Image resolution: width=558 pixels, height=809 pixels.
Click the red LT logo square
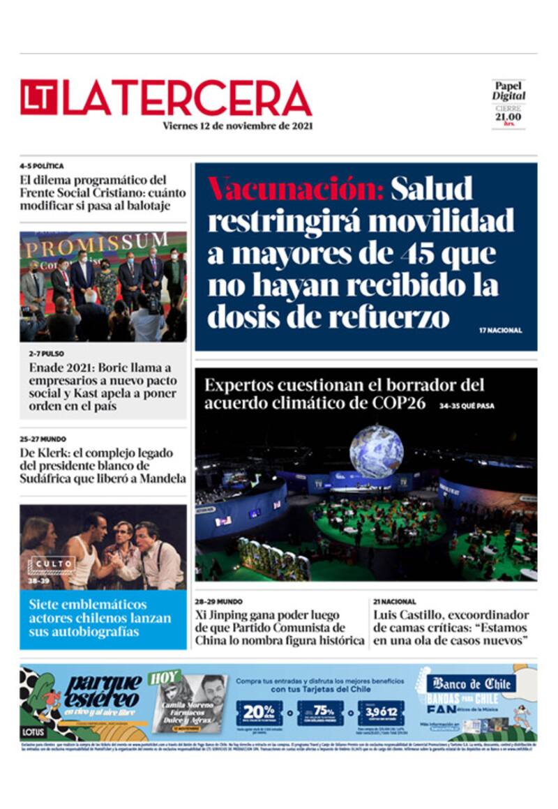(x=39, y=98)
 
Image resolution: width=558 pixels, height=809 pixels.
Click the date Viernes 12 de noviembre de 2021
(x=237, y=126)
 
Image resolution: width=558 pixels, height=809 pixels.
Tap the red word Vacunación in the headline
(x=296, y=188)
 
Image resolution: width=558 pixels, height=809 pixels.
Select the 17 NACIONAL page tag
(x=500, y=330)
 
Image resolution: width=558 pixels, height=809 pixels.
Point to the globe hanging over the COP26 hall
(x=376, y=451)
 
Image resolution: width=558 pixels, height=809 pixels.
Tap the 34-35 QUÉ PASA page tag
(x=467, y=405)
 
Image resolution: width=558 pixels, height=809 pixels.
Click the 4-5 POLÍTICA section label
(x=42, y=166)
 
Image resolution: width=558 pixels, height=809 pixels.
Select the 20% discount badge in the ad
(x=259, y=711)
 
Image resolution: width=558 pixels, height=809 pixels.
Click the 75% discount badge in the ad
(x=320, y=711)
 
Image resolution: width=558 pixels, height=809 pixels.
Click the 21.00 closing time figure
(x=508, y=116)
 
